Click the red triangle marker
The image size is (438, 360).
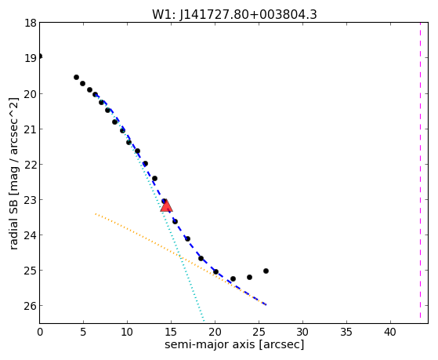pyautogui.click(x=166, y=205)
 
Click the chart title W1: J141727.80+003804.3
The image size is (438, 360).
pyautogui.click(x=234, y=15)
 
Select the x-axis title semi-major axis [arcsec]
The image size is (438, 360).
pyautogui.click(x=234, y=344)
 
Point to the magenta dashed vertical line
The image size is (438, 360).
pyautogui.click(x=420, y=173)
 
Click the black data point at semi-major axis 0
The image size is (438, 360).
pyautogui.click(x=40, y=56)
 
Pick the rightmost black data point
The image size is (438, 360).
pyautogui.click(x=266, y=271)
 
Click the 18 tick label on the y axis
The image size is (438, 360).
pyautogui.click(x=31, y=23)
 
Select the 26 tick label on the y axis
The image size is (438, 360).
pyautogui.click(x=31, y=306)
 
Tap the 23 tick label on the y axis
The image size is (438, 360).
pyautogui.click(x=31, y=200)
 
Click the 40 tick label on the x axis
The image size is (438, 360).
pyautogui.click(x=390, y=333)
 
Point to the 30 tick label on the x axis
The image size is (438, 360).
pyautogui.click(x=302, y=333)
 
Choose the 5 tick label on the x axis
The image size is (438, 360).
pyautogui.click(x=83, y=333)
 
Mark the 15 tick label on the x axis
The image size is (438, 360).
pyautogui.click(x=171, y=333)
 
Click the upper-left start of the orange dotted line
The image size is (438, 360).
pyautogui.click(x=96, y=213)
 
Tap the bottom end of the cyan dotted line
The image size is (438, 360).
pyautogui.click(x=204, y=321)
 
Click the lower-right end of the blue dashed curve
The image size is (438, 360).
pyautogui.click(x=266, y=304)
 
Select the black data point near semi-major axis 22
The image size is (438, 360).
pyautogui.click(x=233, y=279)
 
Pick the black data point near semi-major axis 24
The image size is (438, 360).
pyautogui.click(x=249, y=277)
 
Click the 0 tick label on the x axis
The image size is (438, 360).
pyautogui.click(x=40, y=333)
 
